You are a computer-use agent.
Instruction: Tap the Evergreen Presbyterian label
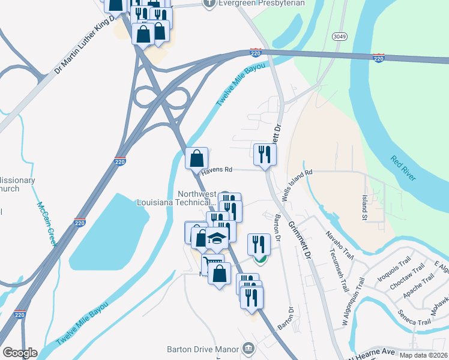coord(262,3)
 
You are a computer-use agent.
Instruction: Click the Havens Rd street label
coord(217,171)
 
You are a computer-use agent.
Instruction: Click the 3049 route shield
coord(338,37)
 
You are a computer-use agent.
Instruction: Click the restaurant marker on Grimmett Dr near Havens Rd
coord(265,155)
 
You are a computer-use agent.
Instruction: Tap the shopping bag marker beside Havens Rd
coord(197,159)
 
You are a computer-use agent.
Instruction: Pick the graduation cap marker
coord(217,239)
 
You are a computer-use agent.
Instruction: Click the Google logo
coord(20,353)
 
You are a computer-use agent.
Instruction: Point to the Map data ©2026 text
coord(423,355)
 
